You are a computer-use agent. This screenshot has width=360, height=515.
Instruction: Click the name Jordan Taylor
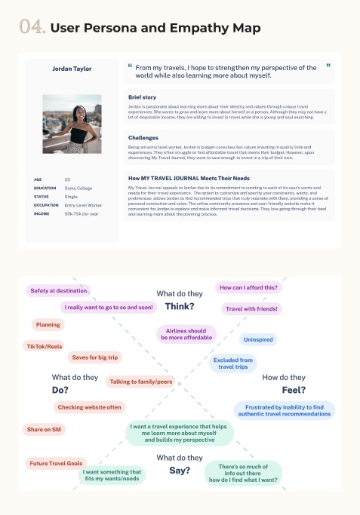coord(72,69)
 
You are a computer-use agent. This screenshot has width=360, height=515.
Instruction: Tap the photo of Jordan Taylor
coord(72,124)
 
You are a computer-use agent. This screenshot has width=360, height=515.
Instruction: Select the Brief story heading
coord(143,98)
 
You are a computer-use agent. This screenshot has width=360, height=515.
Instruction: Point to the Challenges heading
coord(143,138)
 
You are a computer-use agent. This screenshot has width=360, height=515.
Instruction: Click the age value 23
coord(67,179)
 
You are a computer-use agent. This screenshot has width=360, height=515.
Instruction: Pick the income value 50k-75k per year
coord(82,213)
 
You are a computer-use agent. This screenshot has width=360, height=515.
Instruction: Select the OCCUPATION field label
coord(46,205)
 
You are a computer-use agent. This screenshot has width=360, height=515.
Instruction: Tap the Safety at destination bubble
coord(59,290)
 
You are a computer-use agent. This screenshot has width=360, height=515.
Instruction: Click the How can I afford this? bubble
coord(248,287)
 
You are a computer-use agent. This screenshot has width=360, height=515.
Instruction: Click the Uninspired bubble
coord(258,339)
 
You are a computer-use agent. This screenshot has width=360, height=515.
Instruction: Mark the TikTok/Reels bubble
coord(45,346)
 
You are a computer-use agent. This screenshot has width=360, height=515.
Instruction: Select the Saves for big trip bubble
coord(94,357)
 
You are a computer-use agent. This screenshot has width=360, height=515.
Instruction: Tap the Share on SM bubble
coord(45,429)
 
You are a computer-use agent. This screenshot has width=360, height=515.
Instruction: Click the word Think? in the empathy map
coord(180,306)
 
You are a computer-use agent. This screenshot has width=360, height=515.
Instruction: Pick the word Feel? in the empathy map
coord(294,390)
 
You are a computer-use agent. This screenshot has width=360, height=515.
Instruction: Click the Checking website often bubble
coord(88,407)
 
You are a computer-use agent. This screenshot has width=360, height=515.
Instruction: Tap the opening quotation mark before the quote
coord(130,66)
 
